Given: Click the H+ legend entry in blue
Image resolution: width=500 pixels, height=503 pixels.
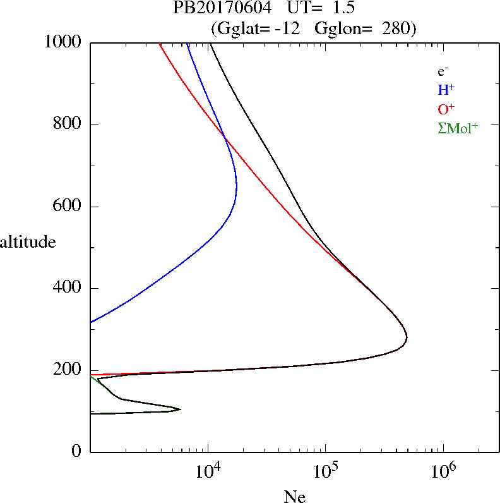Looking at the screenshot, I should pyautogui.click(x=446, y=90).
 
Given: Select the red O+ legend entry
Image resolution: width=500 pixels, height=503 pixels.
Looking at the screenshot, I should pyautogui.click(x=446, y=109).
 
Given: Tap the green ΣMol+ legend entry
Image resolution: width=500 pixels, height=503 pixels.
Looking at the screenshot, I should pyautogui.click(x=458, y=128).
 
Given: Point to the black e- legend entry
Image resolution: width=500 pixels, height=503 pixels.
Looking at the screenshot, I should pyautogui.click(x=443, y=71).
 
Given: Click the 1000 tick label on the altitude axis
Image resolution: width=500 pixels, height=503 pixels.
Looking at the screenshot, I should pyautogui.click(x=64, y=42).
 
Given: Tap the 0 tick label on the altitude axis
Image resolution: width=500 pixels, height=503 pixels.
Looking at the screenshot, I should pyautogui.click(x=78, y=452).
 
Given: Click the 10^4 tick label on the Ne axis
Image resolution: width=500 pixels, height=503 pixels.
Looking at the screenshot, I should pyautogui.click(x=208, y=471).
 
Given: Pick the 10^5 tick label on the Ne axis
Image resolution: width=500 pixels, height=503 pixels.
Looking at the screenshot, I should pyautogui.click(x=326, y=471).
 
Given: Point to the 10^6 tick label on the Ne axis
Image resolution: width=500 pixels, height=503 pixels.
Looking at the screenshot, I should pyautogui.click(x=443, y=471).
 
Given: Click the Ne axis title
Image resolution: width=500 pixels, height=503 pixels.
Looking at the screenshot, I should pyautogui.click(x=294, y=497).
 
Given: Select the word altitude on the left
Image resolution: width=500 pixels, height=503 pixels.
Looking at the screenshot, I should pyautogui.click(x=28, y=242).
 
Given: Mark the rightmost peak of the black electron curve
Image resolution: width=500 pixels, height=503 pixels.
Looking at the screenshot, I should pyautogui.click(x=407, y=337).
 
